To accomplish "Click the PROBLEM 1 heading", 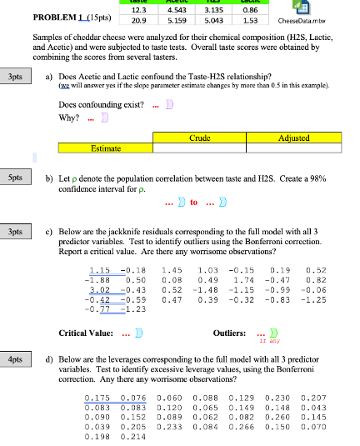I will pos(61,18).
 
